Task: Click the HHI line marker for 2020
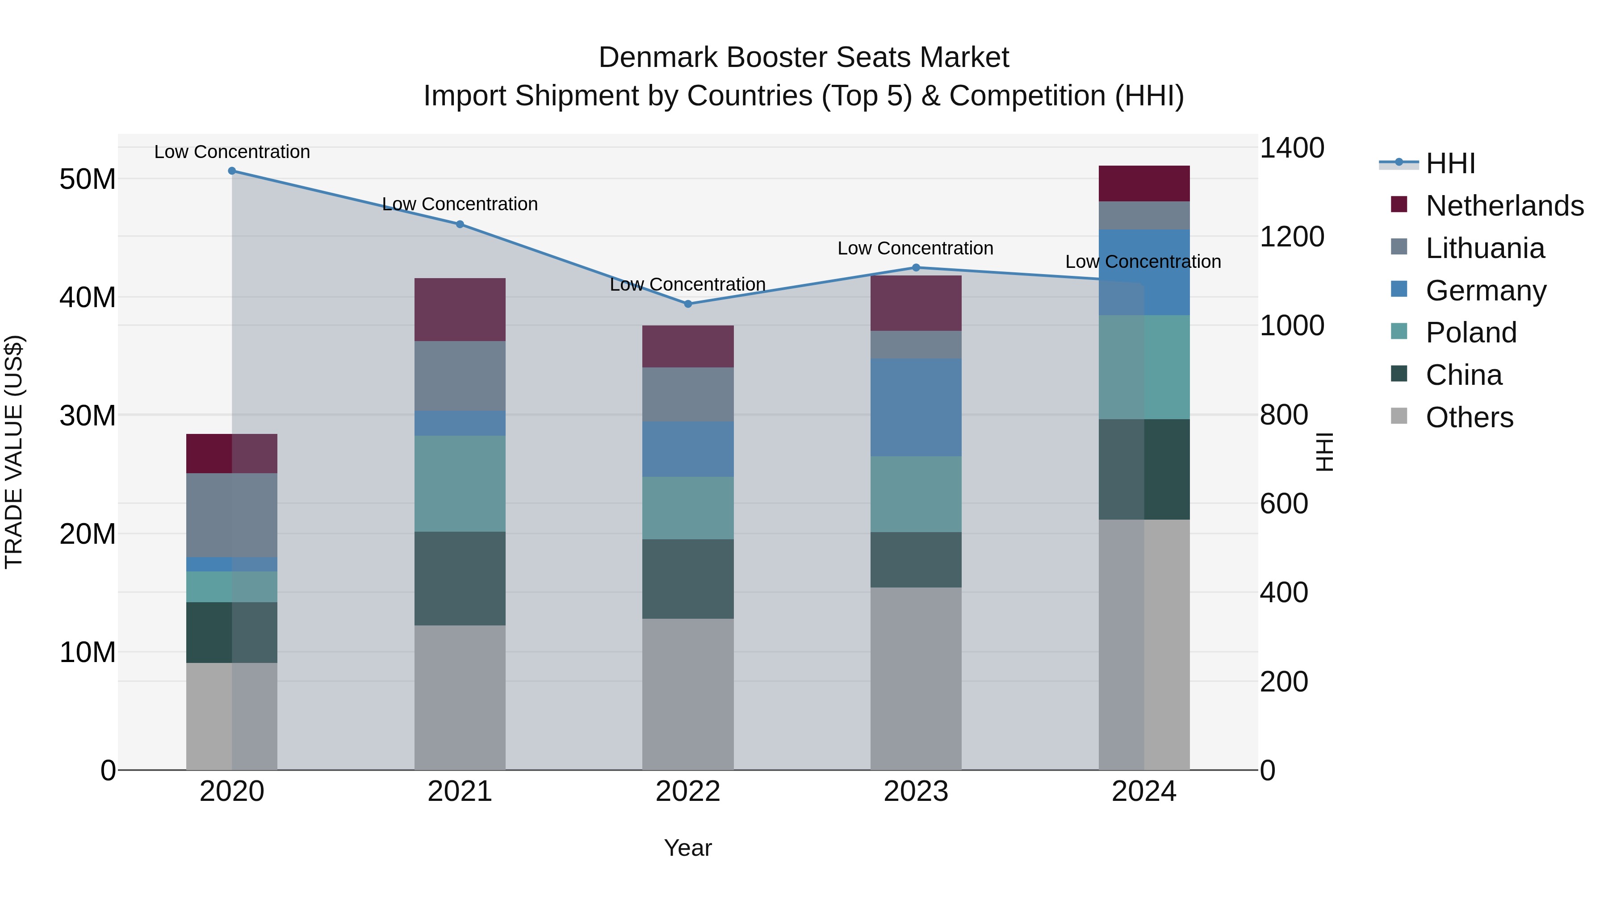tap(231, 171)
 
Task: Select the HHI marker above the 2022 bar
tap(688, 304)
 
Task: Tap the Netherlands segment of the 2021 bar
tap(460, 309)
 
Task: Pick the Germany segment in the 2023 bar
tap(916, 408)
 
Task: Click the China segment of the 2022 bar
tap(688, 579)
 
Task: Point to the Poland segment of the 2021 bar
tap(460, 483)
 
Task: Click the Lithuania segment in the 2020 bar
tap(231, 515)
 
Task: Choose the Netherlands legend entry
tap(1504, 206)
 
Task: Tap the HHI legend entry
tap(1450, 163)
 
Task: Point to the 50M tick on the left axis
tap(88, 179)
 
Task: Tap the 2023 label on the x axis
tap(916, 792)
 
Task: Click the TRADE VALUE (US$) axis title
tap(14, 452)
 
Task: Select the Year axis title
tap(688, 848)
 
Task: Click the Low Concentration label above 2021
tap(460, 204)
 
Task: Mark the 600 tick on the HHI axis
tap(1283, 504)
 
